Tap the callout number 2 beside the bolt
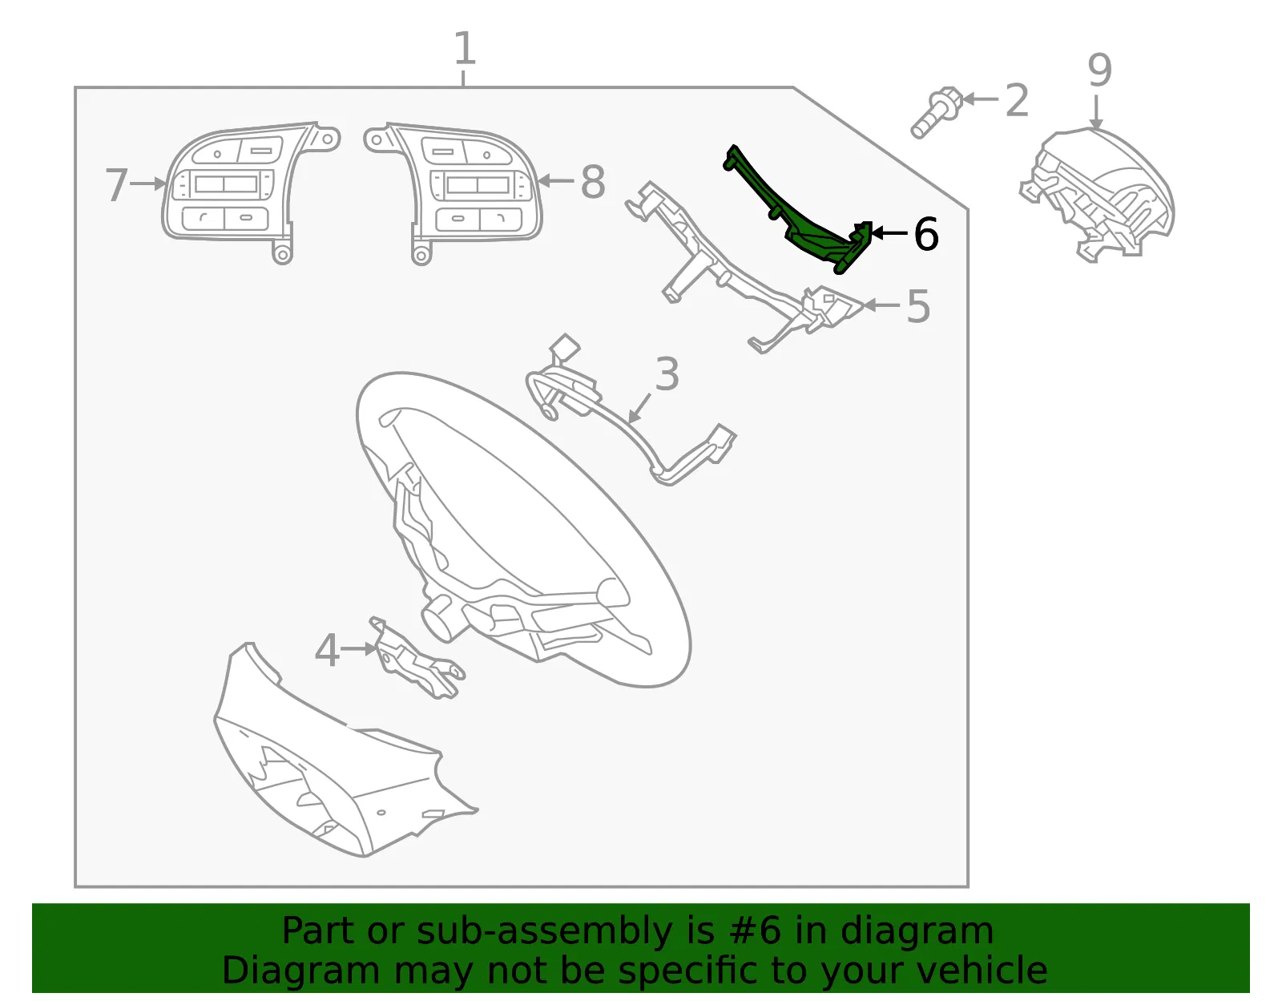1017,100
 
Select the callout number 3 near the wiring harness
667,374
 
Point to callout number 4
327,650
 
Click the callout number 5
918,306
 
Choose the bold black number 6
926,233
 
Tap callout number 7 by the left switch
116,184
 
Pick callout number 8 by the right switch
593,182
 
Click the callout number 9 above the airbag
1099,71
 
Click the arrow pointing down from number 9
1096,112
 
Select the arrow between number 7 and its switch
148,184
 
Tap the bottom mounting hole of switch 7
283,255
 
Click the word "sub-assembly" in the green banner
544,930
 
